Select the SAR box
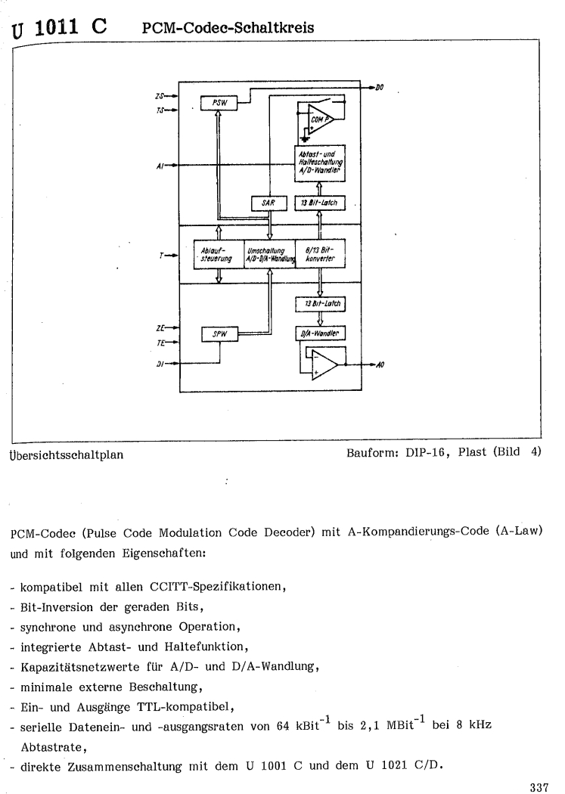pos(268,203)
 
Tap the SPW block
pos(219,333)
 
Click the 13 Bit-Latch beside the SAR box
pos(319,203)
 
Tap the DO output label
pos(380,88)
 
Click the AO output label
pos(380,365)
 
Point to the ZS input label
pos(157,97)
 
